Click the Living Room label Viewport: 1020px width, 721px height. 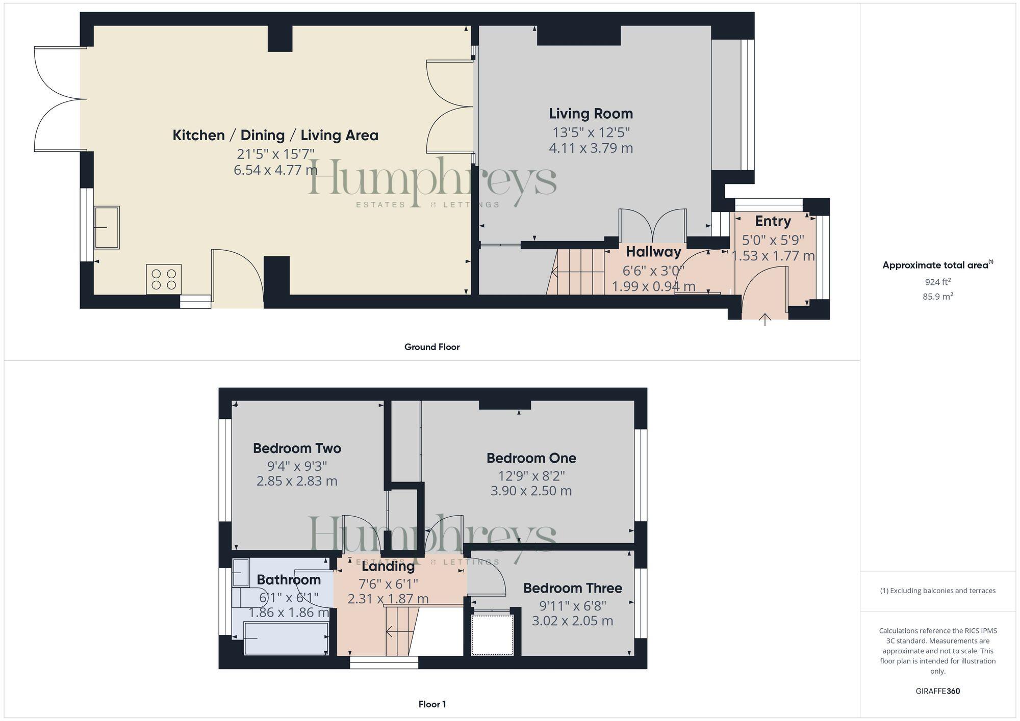(591, 114)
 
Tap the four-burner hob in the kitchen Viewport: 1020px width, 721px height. (164, 279)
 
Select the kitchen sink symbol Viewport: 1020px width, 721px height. (107, 227)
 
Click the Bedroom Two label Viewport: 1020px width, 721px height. (297, 448)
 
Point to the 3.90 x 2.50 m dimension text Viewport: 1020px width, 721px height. (531, 491)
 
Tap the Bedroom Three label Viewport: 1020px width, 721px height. (572, 588)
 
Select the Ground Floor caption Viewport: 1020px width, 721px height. (432, 347)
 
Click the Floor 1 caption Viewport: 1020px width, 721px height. (432, 704)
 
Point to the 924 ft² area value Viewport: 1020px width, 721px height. (937, 282)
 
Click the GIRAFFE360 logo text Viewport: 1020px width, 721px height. (937, 691)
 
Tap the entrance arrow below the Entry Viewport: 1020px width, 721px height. (765, 320)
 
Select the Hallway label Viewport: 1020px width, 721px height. (653, 252)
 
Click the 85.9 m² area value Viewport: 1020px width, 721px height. (937, 296)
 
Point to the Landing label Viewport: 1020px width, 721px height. (388, 566)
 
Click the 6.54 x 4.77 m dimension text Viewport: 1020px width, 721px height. (275, 170)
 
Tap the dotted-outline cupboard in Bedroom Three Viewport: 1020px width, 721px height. (492, 635)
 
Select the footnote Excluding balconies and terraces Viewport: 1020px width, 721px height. (937, 591)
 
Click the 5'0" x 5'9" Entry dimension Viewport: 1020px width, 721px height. (773, 239)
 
